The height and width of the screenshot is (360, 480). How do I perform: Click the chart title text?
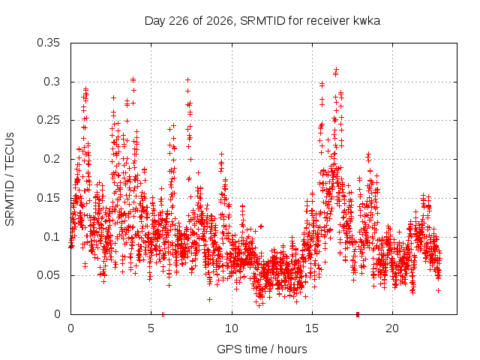262,21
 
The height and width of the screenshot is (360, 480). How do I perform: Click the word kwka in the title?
367,21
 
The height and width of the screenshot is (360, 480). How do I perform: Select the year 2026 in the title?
220,21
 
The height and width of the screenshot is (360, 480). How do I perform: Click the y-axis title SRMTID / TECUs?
10,179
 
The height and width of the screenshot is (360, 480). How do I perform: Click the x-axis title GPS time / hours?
262,349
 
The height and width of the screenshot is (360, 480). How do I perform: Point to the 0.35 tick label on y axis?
48,43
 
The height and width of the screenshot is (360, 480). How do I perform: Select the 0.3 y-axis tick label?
52,82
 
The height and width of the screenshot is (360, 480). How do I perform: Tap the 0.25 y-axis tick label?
48,120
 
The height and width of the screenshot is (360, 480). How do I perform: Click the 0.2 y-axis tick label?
52,159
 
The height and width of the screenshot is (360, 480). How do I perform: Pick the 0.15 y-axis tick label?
48,198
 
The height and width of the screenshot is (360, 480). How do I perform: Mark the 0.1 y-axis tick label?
52,237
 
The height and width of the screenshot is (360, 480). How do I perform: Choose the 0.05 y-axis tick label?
48,275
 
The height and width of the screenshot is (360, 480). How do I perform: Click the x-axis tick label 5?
151,328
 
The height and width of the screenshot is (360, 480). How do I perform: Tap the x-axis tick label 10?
232,328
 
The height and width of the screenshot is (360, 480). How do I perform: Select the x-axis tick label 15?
312,328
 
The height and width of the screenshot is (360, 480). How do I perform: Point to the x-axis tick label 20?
392,328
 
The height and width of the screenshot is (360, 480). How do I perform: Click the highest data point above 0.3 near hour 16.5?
336,70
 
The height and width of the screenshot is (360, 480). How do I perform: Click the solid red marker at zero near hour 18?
358,314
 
